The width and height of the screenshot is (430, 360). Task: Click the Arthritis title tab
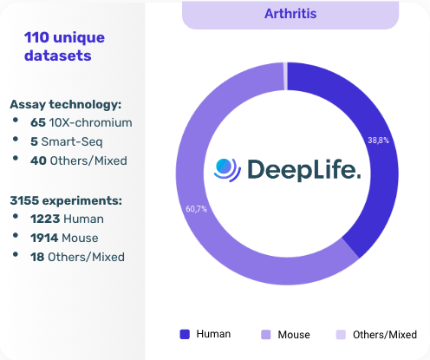pyautogui.click(x=290, y=15)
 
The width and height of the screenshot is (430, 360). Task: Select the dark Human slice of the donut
pyautogui.click(x=377, y=165)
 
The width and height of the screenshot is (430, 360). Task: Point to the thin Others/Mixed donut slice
pyautogui.click(x=284, y=75)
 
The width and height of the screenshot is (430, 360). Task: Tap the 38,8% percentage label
pyautogui.click(x=378, y=139)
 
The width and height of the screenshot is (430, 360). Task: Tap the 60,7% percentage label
pyautogui.click(x=197, y=208)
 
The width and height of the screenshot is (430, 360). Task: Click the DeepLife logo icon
pyautogui.click(x=227, y=168)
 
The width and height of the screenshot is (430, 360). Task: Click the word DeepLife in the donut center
pyautogui.click(x=303, y=168)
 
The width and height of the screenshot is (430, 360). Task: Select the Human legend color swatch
pyautogui.click(x=184, y=334)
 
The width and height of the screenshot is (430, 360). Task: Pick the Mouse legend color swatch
pyautogui.click(x=265, y=334)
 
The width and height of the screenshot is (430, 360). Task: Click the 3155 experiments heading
pyautogui.click(x=66, y=200)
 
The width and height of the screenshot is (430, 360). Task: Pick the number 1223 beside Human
pyautogui.click(x=45, y=219)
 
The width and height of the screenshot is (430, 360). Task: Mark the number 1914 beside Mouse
pyautogui.click(x=45, y=238)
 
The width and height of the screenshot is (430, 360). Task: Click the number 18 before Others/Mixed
pyautogui.click(x=37, y=257)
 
